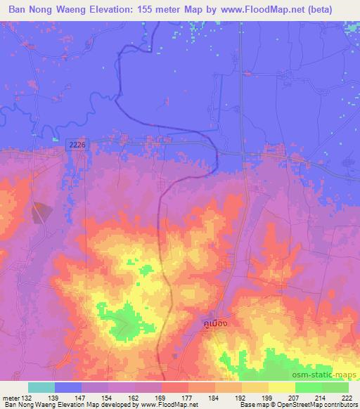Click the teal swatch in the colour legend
[x=41, y=387]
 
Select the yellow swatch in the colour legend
[x=281, y=387]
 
